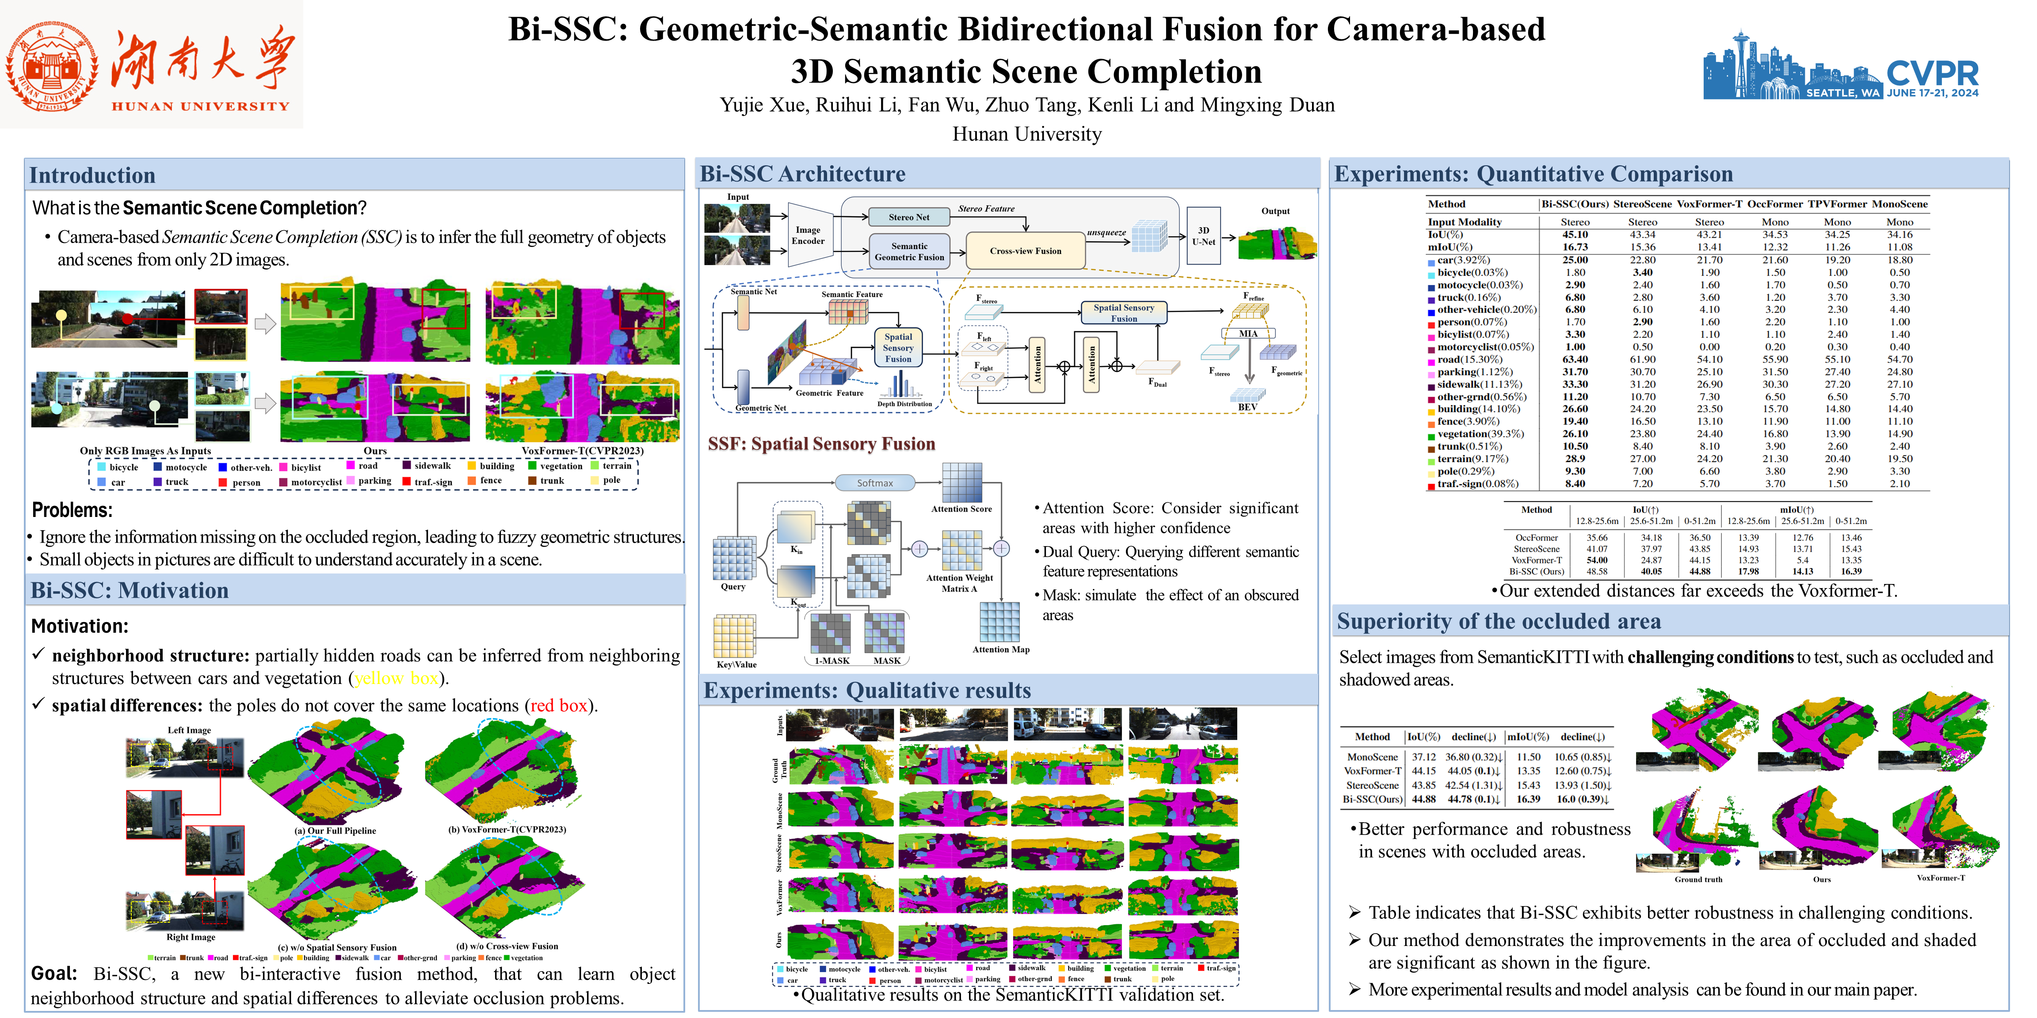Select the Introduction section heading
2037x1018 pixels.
click(x=92, y=175)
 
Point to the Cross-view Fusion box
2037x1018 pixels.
click(x=1026, y=251)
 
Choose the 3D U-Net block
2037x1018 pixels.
click(x=1204, y=236)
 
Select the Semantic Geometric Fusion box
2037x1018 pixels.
click(x=909, y=251)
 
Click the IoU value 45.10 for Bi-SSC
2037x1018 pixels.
click(x=1575, y=235)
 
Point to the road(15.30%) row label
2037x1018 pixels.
click(x=1469, y=360)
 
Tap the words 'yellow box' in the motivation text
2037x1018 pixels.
click(x=395, y=678)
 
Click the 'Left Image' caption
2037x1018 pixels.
click(x=189, y=730)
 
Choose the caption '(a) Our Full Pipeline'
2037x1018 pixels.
click(x=335, y=831)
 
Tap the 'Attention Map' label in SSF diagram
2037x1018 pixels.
click(x=1000, y=650)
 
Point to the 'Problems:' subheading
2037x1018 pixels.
click(x=72, y=510)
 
